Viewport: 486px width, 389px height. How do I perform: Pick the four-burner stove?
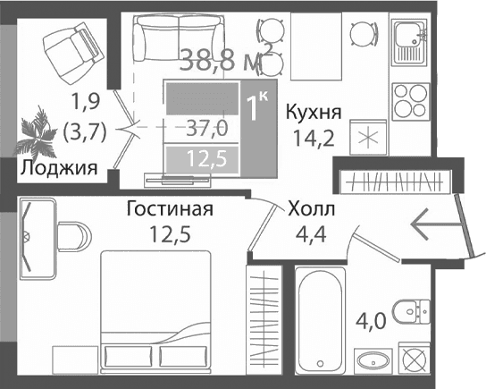coord(412,97)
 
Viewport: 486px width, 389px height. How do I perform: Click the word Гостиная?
coord(169,210)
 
